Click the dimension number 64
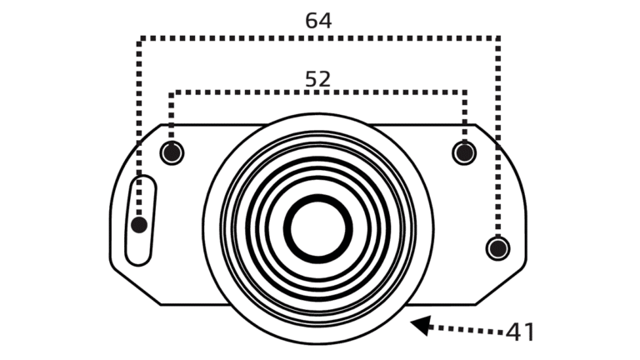(318, 20)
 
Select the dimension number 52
(318, 79)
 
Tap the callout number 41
(520, 332)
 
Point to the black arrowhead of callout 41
(420, 325)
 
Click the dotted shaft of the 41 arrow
(467, 329)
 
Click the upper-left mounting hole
(172, 152)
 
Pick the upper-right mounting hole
(464, 152)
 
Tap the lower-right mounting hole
(498, 248)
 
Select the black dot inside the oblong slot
(139, 225)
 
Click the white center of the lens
(318, 229)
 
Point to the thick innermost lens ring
(318, 197)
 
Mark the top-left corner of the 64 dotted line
(140, 38)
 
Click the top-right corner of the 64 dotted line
(497, 38)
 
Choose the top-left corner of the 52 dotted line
(172, 92)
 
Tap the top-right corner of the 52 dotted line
(464, 92)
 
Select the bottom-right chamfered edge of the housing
(501, 286)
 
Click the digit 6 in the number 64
(312, 20)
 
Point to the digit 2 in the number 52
(324, 79)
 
